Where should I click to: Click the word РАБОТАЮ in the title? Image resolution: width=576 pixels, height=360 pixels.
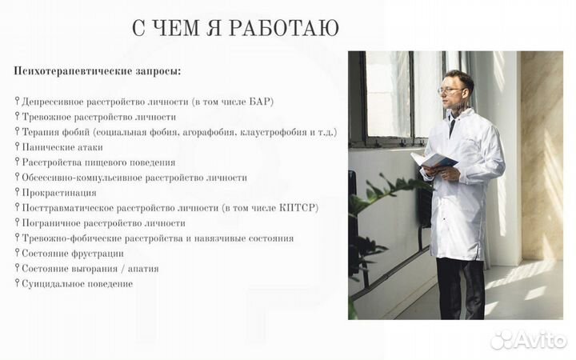286,29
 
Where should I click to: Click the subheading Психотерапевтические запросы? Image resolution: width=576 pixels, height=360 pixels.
97,70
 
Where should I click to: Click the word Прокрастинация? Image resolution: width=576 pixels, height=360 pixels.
60,193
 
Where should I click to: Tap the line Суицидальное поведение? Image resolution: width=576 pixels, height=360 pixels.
78,284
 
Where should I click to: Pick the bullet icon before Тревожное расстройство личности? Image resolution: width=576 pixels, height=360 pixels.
17,117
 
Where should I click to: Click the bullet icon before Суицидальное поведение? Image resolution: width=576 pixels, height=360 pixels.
17,284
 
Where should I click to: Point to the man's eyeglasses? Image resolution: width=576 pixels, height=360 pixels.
450,90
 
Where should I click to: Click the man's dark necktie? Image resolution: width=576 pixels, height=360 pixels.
453,126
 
